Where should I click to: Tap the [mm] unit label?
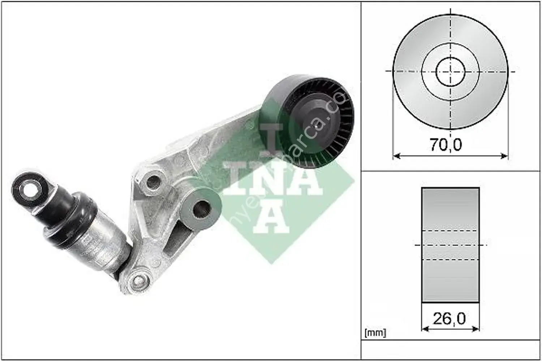(376, 332)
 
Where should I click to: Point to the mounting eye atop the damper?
(30, 187)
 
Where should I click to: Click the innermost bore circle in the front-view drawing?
(450, 71)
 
